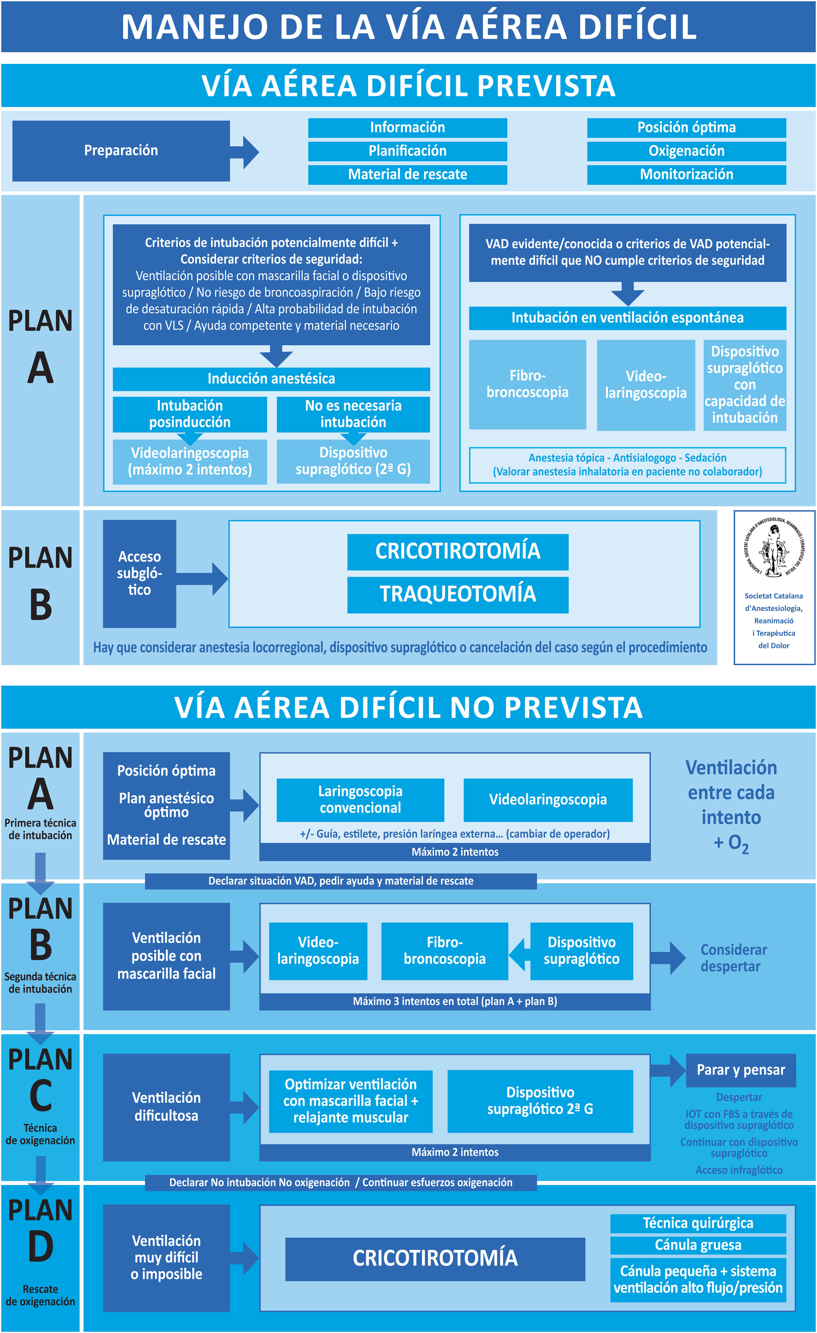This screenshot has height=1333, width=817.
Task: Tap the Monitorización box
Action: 686,174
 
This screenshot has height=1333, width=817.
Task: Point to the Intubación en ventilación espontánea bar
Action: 627,318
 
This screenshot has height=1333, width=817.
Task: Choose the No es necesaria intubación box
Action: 353,414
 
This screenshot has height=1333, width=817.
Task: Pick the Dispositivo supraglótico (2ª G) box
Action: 353,461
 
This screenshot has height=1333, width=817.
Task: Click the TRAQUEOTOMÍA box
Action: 458,594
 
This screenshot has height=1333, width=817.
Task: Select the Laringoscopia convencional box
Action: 360,800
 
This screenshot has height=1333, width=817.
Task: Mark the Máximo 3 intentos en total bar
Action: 455,1001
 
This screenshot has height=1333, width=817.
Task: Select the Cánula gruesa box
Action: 697,1245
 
